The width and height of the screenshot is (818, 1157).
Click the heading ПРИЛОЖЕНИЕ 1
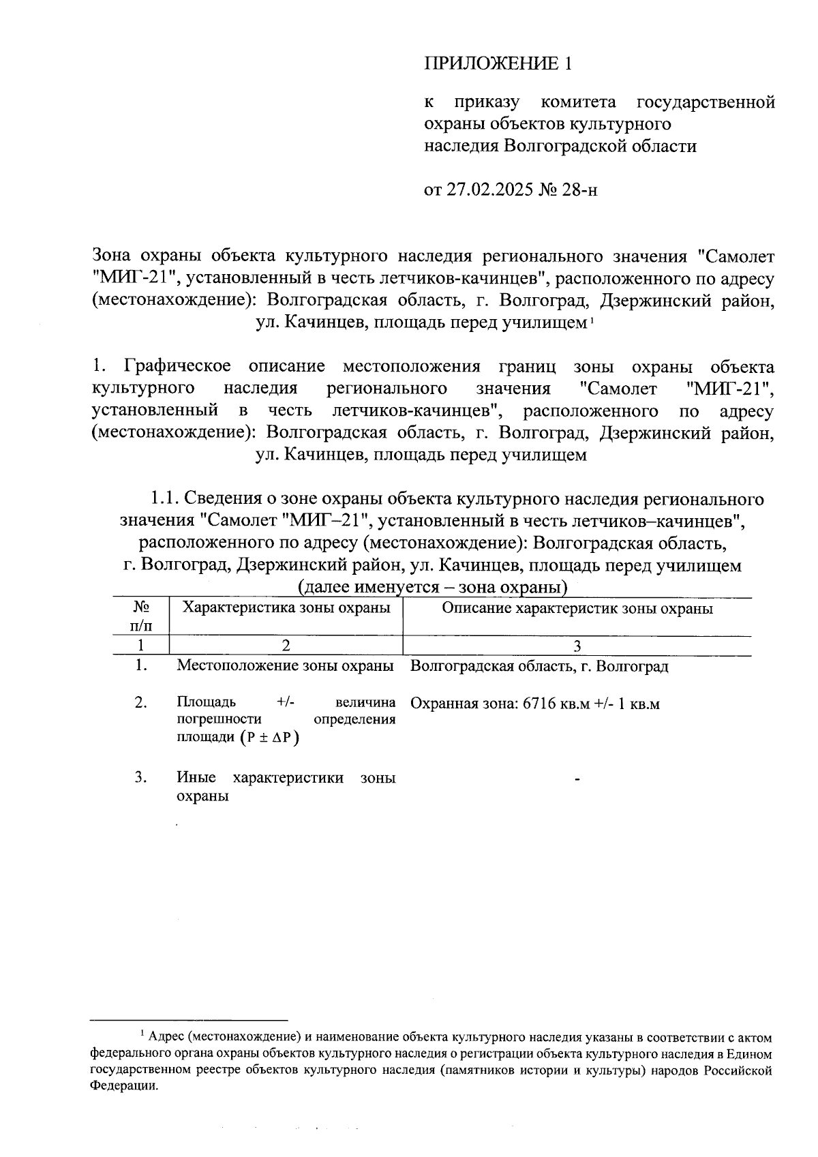pos(497,64)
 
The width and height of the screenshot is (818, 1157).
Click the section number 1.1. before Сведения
pos(164,499)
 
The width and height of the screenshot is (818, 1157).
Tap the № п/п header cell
pos(141,616)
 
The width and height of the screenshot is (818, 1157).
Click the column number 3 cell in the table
pos(577,646)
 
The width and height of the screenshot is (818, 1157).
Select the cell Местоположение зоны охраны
pos(286,666)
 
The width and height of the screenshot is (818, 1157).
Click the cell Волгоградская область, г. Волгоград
pos(539,666)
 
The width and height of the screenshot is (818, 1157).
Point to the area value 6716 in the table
pos(539,704)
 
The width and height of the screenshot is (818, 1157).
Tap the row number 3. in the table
pos(141,777)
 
